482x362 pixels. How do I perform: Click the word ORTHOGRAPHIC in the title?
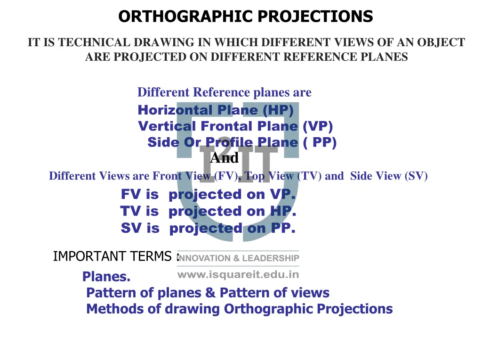pyautogui.click(x=181, y=17)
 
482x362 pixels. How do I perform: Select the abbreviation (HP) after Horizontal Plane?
pyautogui.click(x=278, y=110)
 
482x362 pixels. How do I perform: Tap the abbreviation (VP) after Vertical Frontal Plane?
pyautogui.click(x=318, y=126)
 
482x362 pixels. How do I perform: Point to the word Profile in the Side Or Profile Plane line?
pyautogui.click(x=230, y=142)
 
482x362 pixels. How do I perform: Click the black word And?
pyautogui.click(x=224, y=157)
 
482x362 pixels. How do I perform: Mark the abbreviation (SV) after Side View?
pyautogui.click(x=416, y=176)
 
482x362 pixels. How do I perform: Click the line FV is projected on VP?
pyautogui.click(x=208, y=194)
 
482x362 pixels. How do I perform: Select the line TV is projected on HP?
pyautogui.click(x=208, y=211)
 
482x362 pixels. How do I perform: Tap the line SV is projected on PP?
pyautogui.click(x=208, y=229)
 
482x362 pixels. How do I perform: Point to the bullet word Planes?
pyautogui.click(x=106, y=277)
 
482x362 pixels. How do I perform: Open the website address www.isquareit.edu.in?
pyautogui.click(x=238, y=274)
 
